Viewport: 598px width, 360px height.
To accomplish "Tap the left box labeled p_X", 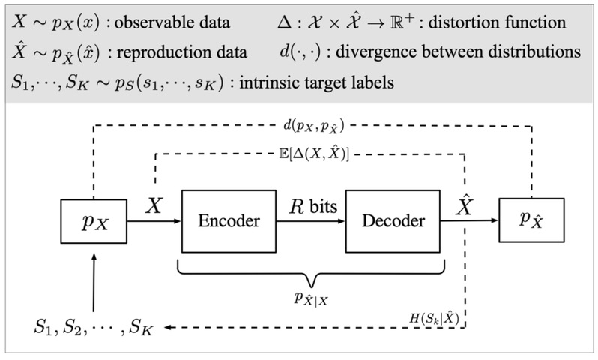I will coord(93,221).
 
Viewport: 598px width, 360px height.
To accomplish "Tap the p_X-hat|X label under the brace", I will coord(312,299).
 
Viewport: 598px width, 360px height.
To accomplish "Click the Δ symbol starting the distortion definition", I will coord(283,22).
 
